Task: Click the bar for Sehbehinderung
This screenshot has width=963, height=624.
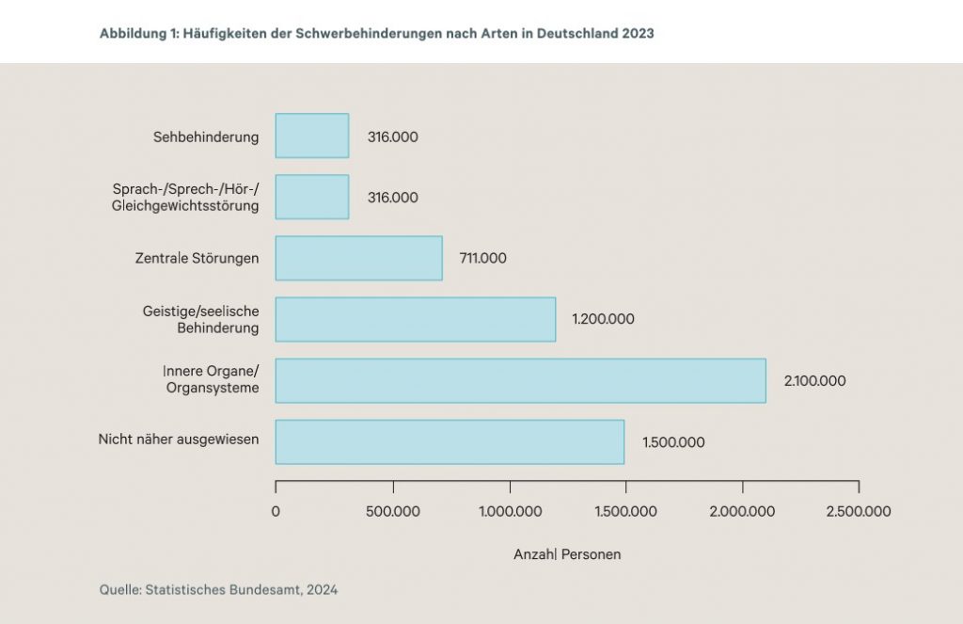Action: coord(311,136)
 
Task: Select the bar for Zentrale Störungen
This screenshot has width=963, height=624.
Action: coord(358,258)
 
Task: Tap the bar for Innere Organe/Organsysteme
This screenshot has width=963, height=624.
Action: coord(520,380)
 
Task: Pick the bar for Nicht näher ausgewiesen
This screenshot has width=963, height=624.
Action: coord(450,441)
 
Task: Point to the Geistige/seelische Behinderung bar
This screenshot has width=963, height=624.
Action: coord(415,319)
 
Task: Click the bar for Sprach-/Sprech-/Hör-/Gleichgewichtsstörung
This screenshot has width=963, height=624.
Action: coord(311,197)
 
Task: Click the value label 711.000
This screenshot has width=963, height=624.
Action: coord(482,258)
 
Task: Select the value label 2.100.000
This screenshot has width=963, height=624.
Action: coord(814,381)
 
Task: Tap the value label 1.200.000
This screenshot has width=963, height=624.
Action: coord(603,319)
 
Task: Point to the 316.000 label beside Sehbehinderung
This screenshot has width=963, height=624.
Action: coord(392,136)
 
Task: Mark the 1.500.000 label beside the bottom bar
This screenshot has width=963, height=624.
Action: coord(673,442)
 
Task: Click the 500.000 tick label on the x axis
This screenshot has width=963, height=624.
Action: coord(393,512)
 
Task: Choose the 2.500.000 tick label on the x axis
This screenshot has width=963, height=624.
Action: coord(858,512)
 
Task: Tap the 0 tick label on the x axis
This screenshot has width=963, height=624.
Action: coord(276,512)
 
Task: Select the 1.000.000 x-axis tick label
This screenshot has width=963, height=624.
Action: coord(509,512)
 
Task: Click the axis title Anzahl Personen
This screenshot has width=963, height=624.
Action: coord(567,554)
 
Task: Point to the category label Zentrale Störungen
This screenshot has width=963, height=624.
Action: coord(197,258)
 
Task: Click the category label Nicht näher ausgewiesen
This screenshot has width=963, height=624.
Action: coord(178,439)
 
